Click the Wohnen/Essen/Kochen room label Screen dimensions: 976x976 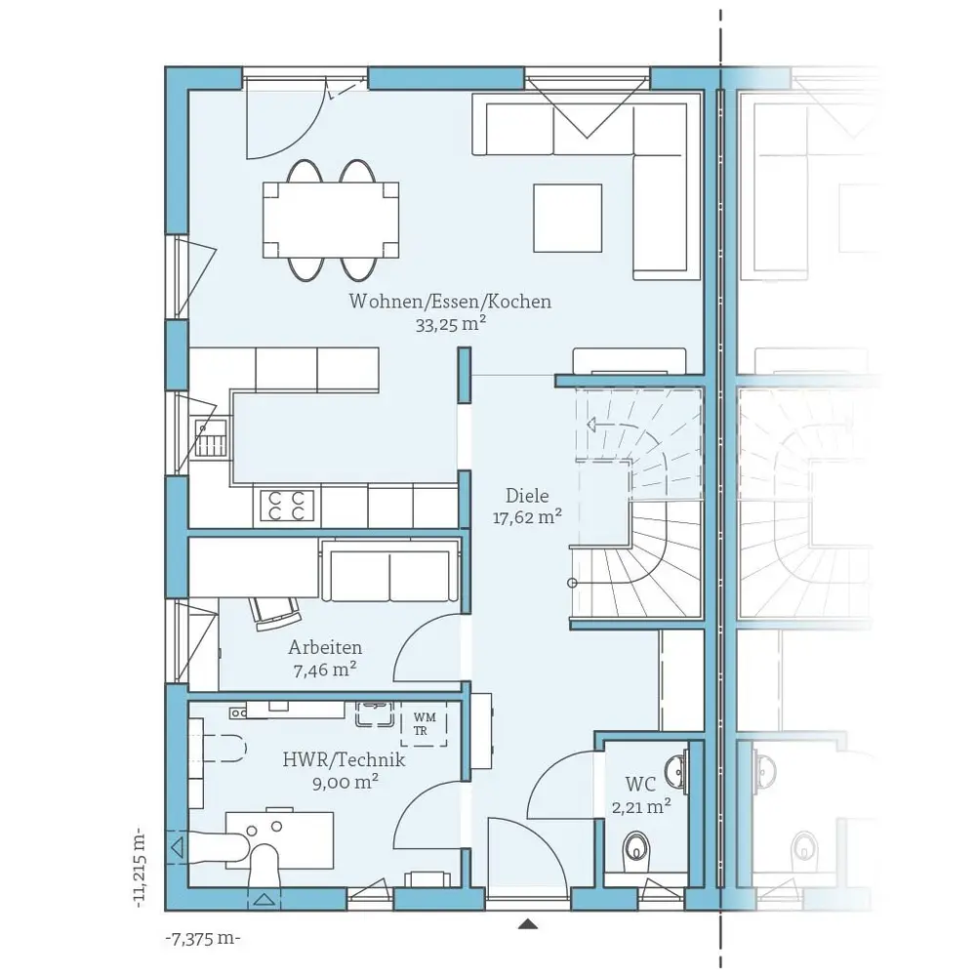click(x=450, y=302)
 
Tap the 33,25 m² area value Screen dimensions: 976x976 click(x=450, y=324)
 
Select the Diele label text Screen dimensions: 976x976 click(x=527, y=496)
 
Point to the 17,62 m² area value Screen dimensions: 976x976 click(x=527, y=517)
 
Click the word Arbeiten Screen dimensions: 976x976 click(x=325, y=647)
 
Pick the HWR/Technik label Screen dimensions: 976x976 click(x=344, y=759)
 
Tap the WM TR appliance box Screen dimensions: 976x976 click(x=424, y=724)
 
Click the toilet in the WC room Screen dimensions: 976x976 click(x=636, y=848)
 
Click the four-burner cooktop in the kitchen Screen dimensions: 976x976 click(x=286, y=506)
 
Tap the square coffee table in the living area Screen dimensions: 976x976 click(x=567, y=218)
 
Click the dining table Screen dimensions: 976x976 click(x=331, y=220)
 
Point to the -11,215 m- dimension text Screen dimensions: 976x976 click(x=141, y=867)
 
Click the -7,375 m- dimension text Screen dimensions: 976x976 click(x=202, y=938)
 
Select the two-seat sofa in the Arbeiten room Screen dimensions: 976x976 click(x=390, y=571)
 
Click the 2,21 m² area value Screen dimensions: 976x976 click(x=641, y=807)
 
